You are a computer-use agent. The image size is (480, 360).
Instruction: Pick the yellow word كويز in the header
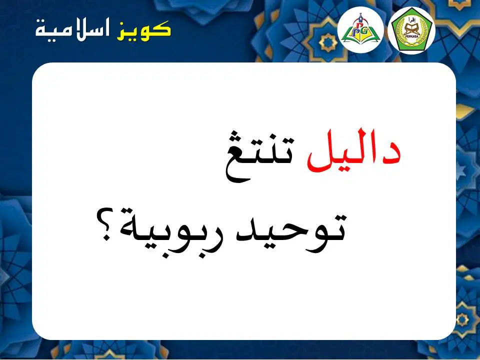click(143, 31)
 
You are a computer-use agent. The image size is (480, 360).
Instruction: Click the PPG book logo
click(360, 29)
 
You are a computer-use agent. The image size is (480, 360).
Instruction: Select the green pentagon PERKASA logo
click(411, 30)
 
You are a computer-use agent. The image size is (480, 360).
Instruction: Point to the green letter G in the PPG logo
click(366, 31)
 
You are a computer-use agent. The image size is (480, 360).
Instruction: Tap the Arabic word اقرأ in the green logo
click(411, 20)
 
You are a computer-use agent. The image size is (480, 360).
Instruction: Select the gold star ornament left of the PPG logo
click(328, 42)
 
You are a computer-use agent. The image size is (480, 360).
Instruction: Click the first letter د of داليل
click(389, 152)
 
